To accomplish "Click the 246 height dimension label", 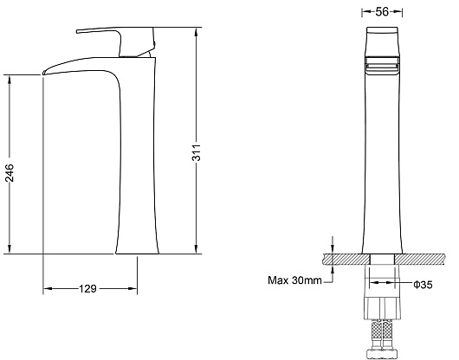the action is pos(9,173).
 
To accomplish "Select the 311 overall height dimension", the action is pos(197,152).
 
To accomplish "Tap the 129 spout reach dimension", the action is pos(87,289).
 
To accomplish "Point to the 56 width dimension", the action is pos(382,12).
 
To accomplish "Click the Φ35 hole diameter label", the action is pos(423,284).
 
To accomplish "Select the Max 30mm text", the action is pos(294,280).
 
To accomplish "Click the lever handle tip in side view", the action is pos(78,31).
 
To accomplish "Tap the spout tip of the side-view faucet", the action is pos(44,73).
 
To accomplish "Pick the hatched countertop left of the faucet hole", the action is pos(346,259).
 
